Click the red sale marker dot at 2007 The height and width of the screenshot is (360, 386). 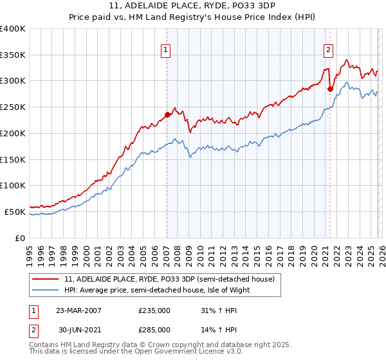pyautogui.click(x=167, y=114)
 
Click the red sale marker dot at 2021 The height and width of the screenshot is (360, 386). pyautogui.click(x=330, y=89)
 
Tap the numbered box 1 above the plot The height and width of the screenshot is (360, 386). pyautogui.click(x=166, y=50)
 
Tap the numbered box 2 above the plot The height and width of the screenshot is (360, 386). pyautogui.click(x=329, y=50)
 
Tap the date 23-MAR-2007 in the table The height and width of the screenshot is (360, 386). pyautogui.click(x=78, y=310)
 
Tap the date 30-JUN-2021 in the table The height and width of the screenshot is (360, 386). pyautogui.click(x=78, y=330)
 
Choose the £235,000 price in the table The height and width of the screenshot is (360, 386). pyautogui.click(x=154, y=310)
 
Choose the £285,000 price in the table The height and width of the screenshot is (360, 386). pyautogui.click(x=154, y=330)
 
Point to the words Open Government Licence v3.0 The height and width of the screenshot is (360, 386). pyautogui.click(x=178, y=352)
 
